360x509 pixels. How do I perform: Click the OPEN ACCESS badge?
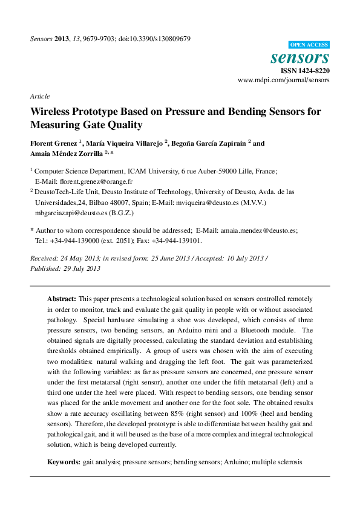point(309,45)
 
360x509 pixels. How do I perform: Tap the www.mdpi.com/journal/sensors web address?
point(284,80)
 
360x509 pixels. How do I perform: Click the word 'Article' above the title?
point(40,96)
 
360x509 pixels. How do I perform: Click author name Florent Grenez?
point(54,144)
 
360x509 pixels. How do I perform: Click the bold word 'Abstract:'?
point(62,299)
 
